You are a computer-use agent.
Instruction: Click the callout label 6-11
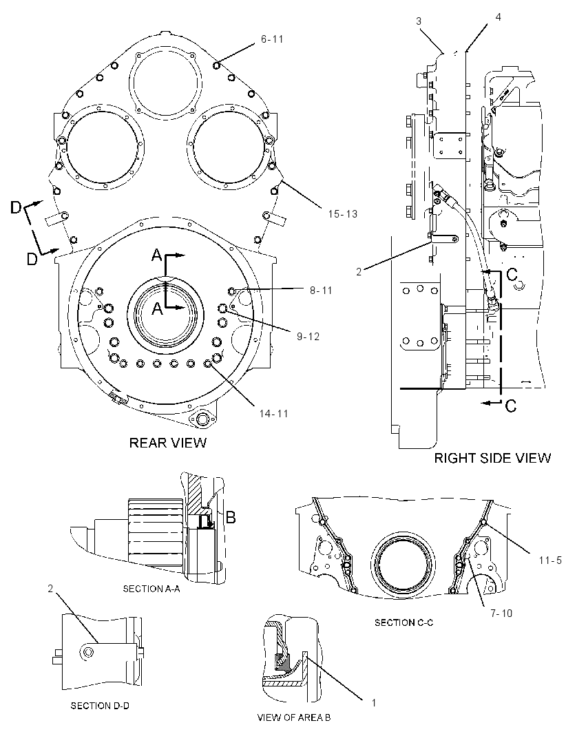[272, 39]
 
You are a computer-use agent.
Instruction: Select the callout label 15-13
[343, 214]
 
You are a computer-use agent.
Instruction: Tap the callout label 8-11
[321, 291]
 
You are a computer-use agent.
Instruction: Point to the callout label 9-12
[308, 337]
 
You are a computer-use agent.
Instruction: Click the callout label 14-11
[274, 413]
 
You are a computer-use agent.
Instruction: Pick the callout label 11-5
[550, 560]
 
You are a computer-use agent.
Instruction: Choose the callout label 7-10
[501, 614]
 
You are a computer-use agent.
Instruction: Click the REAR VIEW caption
[167, 442]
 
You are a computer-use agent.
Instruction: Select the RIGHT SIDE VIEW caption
[492, 458]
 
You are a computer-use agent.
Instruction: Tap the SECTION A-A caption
[151, 589]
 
